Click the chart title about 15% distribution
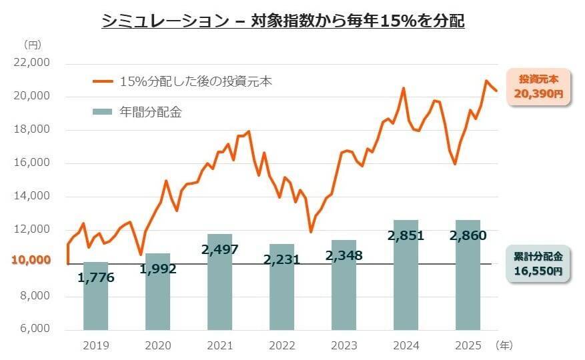tap(283, 21)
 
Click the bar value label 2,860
tap(468, 235)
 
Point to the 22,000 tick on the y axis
tap(31, 63)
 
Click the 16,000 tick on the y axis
tap(31, 163)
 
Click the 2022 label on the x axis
tap(282, 345)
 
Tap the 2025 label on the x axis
tap(468, 345)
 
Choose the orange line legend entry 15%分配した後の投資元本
tap(181, 82)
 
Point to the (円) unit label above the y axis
tap(32, 45)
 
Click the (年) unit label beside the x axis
tap(504, 345)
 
